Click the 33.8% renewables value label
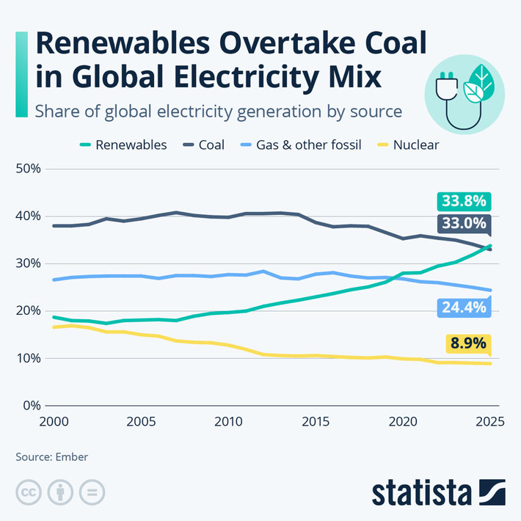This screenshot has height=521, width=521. [x=464, y=201]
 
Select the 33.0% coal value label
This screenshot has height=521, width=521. [x=464, y=223]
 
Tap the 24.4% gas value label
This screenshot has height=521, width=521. [x=463, y=307]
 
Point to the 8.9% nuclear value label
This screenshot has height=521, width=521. [x=467, y=343]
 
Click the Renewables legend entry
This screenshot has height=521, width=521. [x=124, y=145]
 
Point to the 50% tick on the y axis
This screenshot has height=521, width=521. [x=28, y=169]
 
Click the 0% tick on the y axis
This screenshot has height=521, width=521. [x=32, y=406]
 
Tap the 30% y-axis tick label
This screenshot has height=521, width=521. [x=28, y=263]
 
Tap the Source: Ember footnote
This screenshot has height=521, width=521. [x=52, y=457]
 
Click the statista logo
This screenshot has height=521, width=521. [x=438, y=491]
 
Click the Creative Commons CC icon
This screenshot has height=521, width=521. [x=28, y=491]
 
